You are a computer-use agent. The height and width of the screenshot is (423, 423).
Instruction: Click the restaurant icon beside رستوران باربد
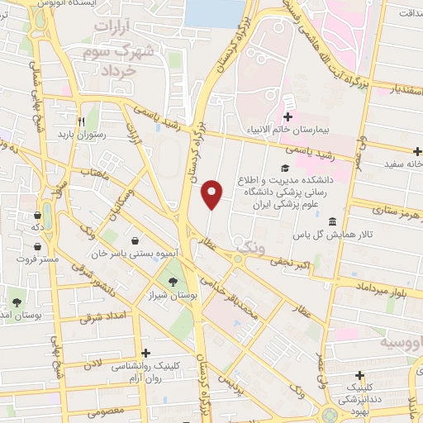tap(82, 120)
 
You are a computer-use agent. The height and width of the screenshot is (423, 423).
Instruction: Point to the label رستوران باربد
tap(78, 133)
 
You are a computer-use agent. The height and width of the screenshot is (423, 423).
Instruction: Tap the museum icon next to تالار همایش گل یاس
tap(331, 221)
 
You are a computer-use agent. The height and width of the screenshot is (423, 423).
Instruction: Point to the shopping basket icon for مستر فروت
tap(38, 245)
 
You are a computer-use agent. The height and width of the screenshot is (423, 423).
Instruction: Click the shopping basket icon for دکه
tap(38, 213)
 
